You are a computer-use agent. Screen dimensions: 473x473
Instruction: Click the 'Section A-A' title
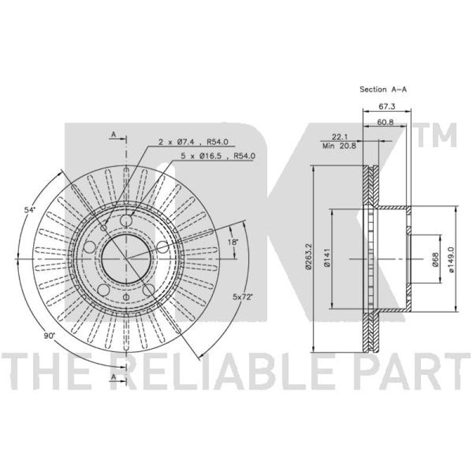[x=383, y=89]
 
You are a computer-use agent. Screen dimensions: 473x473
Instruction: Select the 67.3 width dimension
[x=387, y=106]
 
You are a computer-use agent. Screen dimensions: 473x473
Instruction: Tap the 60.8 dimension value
[x=385, y=122]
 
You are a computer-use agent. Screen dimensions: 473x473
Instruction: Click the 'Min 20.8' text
[x=339, y=146]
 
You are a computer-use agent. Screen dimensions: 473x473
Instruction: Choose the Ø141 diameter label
[x=326, y=258]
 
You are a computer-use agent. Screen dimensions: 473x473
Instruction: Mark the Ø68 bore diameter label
[x=435, y=260]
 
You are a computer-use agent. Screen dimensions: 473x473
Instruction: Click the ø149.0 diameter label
[x=451, y=260]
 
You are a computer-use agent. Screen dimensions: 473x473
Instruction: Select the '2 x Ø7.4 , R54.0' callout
[x=193, y=141]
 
